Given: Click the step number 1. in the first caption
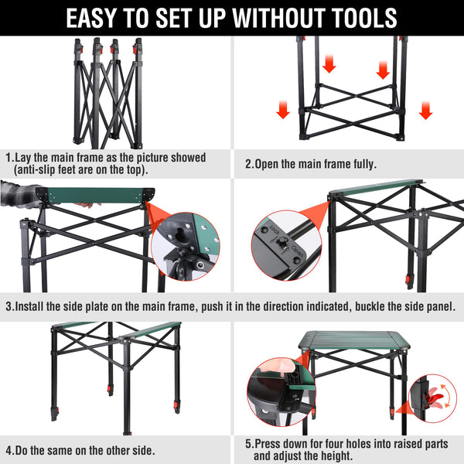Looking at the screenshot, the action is click(x=10, y=158).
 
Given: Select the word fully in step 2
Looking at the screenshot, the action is click(x=365, y=164).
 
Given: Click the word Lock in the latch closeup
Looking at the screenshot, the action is click(x=275, y=230).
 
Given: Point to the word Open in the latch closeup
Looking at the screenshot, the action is click(x=297, y=251).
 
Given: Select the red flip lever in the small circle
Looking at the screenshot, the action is click(x=434, y=396).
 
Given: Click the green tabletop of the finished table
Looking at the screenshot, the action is click(x=354, y=339).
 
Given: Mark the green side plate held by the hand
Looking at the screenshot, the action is click(x=96, y=196).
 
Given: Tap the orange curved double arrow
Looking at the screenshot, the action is click(x=448, y=396).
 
